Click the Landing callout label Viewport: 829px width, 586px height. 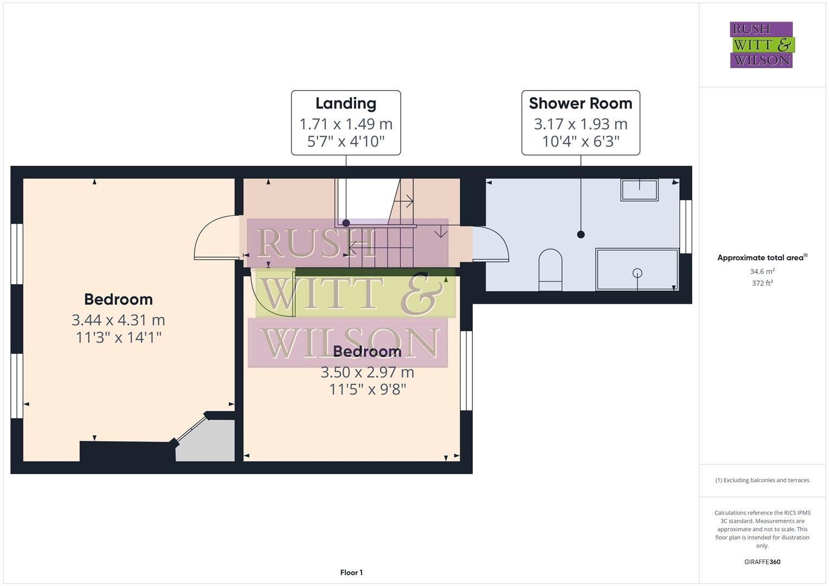pos(346,104)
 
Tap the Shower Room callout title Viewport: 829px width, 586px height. pos(580,104)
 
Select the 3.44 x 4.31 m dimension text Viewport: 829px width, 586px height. pos(118,320)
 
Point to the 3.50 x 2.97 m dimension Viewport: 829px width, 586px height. pos(367,372)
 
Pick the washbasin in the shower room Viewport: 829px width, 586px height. pos(640,190)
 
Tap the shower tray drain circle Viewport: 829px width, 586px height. pos(637,273)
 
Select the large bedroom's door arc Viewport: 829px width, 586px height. pos(214,239)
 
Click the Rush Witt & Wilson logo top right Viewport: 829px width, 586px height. pos(762,45)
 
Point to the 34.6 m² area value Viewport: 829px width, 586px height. pos(762,271)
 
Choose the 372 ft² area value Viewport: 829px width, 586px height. pos(762,283)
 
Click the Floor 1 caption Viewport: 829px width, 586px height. pos(351,572)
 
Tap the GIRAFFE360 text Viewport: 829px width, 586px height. pos(762,562)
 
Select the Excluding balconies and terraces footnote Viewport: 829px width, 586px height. pos(762,480)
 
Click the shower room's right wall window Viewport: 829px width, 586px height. pos(686,226)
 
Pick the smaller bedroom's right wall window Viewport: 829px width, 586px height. pos(466,371)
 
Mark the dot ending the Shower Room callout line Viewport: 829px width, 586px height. pos(581,234)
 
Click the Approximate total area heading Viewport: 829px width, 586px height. pos(762,258)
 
